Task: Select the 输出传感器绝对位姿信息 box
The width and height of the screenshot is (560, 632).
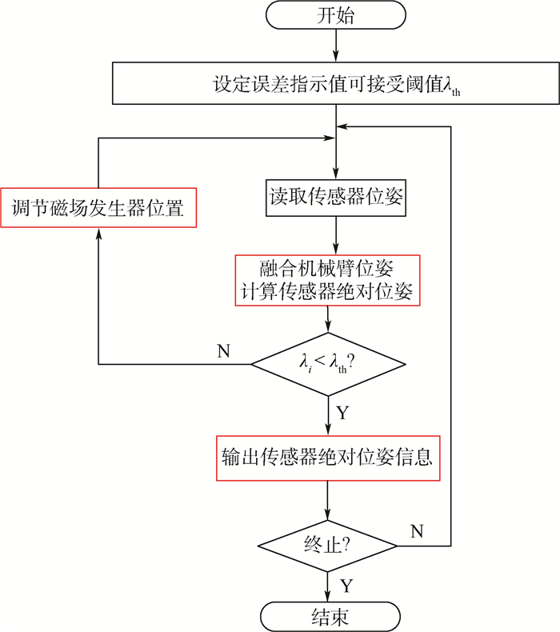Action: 328,457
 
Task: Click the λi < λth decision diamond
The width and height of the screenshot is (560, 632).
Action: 328,363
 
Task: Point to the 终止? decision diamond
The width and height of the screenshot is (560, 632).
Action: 329,547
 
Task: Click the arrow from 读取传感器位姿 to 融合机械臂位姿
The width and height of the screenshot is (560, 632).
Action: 336,237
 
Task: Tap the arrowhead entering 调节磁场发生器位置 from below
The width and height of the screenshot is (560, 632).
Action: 98,234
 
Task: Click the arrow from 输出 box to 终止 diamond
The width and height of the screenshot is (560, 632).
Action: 328,502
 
